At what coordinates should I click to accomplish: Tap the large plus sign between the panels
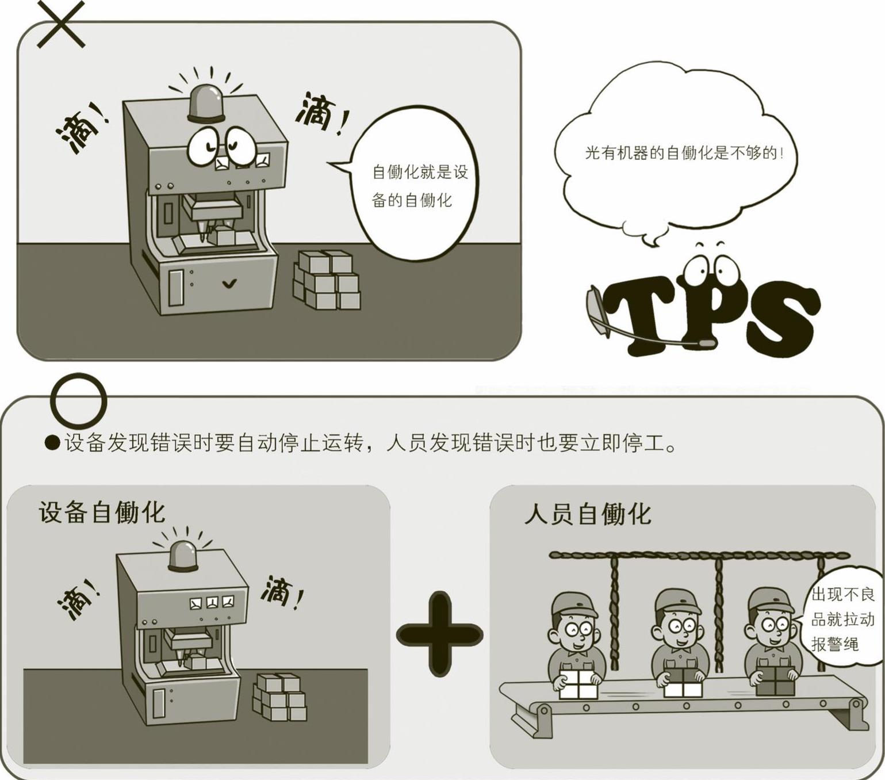(x=440, y=634)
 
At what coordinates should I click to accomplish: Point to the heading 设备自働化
(x=102, y=512)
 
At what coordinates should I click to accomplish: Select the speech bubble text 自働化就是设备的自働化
(x=419, y=186)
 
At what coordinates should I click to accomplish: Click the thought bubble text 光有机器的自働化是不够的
(x=684, y=154)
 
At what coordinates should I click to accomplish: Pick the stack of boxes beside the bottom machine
(x=279, y=697)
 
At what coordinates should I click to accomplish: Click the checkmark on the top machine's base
(x=229, y=284)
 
